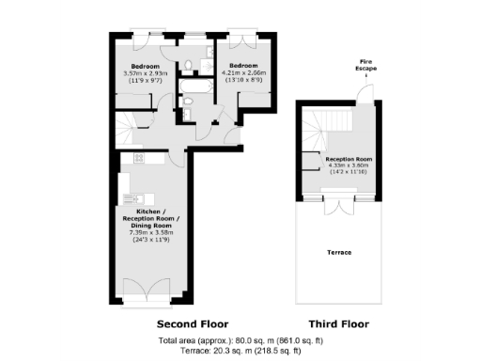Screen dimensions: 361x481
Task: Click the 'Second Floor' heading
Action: coord(157,322)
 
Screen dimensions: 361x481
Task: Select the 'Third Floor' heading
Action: coord(331,322)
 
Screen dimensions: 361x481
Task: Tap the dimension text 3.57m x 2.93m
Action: coord(145,73)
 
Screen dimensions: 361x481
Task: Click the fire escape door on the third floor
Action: coord(362,94)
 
